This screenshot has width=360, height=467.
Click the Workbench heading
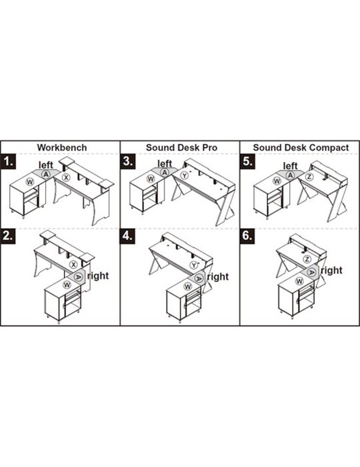pos(62,147)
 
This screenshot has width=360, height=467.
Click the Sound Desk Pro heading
pos(181,147)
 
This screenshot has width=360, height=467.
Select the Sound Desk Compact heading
pos(301,147)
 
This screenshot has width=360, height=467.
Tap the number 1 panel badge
pos(8,162)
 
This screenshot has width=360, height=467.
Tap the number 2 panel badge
pos(8,236)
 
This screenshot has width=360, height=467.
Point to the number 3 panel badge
pos(128,161)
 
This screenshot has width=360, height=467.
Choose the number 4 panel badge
pos(128,236)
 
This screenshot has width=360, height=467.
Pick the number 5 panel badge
pos(247,161)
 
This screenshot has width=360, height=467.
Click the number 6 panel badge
pos(247,236)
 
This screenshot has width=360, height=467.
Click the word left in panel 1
pos(46,165)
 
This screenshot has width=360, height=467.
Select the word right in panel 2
pos(98,276)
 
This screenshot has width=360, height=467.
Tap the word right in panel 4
pos(218,277)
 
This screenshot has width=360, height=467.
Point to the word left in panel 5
pos(290,165)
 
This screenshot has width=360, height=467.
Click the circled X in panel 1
pos(66,177)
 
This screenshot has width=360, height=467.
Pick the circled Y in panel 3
pos(185,175)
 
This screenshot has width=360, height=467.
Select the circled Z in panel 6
pos(307,259)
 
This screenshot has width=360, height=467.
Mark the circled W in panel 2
pos(67,285)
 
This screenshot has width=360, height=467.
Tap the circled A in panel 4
pos(199,278)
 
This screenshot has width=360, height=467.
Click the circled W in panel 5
pos(277,181)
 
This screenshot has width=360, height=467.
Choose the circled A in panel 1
pos(46,175)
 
